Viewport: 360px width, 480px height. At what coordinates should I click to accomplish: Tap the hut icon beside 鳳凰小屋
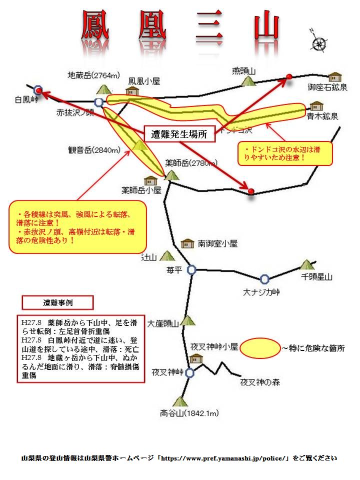point(131,91)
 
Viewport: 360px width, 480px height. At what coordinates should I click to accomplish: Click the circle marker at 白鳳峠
point(38,90)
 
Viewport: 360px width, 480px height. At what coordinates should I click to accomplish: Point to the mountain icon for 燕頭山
point(247,80)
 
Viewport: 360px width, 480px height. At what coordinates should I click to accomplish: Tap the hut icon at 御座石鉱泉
point(334,76)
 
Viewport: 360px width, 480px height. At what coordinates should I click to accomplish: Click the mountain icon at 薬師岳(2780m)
point(171,174)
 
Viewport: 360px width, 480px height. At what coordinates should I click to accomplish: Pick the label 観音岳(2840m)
point(95,149)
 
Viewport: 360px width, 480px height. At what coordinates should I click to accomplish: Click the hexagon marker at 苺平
point(191,269)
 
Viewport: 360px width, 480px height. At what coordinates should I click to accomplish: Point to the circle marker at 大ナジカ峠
point(264,279)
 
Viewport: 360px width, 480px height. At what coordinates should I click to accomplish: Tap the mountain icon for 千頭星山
point(306,264)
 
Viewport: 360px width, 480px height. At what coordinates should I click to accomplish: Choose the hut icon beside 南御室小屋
point(187,243)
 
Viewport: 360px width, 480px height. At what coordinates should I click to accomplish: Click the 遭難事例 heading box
point(57,302)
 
